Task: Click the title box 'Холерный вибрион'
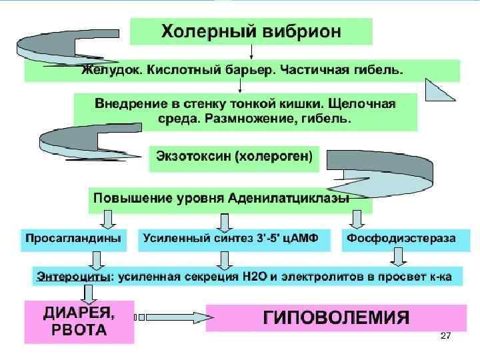pyautogui.click(x=251, y=31)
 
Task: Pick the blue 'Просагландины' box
pyautogui.click(x=73, y=238)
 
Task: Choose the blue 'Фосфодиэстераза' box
pyautogui.click(x=400, y=238)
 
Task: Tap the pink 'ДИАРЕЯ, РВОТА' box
pyautogui.click(x=79, y=321)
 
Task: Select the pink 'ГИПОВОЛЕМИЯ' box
pyautogui.click(x=336, y=317)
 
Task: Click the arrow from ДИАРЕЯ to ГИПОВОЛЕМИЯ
pyautogui.click(x=170, y=316)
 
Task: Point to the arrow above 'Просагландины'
pyautogui.click(x=107, y=219)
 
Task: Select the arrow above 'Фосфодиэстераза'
pyautogui.click(x=357, y=219)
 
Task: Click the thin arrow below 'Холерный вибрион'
pyautogui.click(x=251, y=52)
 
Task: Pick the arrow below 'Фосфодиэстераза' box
pyautogui.click(x=399, y=257)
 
